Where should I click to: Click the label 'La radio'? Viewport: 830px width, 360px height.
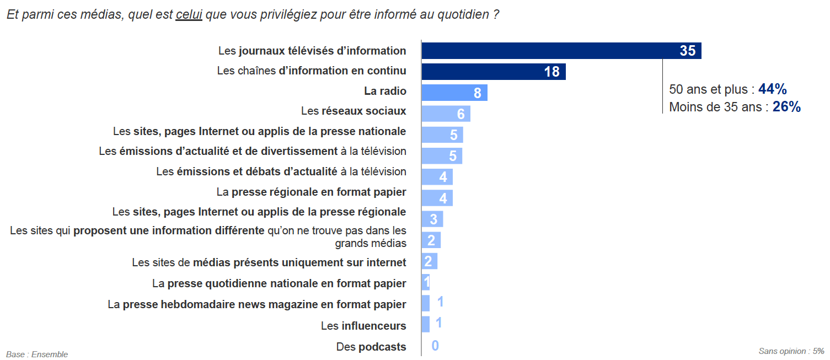pyautogui.click(x=385, y=92)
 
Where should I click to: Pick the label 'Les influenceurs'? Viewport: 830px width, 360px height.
pyautogui.click(x=363, y=326)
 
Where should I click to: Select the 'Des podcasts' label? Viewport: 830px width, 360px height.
pyautogui.click(x=371, y=347)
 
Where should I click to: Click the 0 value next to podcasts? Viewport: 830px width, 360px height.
pyautogui.click(x=435, y=346)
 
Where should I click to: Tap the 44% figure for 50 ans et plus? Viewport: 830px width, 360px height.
pyautogui.click(x=772, y=89)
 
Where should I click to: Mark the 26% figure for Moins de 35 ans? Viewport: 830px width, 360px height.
pyautogui.click(x=786, y=107)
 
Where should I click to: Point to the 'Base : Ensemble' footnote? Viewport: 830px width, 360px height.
pyautogui.click(x=37, y=354)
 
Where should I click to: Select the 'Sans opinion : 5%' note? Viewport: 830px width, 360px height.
pyautogui.click(x=791, y=351)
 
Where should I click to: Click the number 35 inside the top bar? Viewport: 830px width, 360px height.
pyautogui.click(x=687, y=51)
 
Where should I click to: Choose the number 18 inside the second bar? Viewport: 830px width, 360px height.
pyautogui.click(x=551, y=72)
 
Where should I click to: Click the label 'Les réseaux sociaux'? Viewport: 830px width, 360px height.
pyautogui.click(x=354, y=111)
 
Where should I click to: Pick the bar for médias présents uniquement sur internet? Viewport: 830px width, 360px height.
pyautogui.click(x=429, y=261)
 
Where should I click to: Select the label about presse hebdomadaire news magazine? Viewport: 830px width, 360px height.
pyautogui.click(x=257, y=304)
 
